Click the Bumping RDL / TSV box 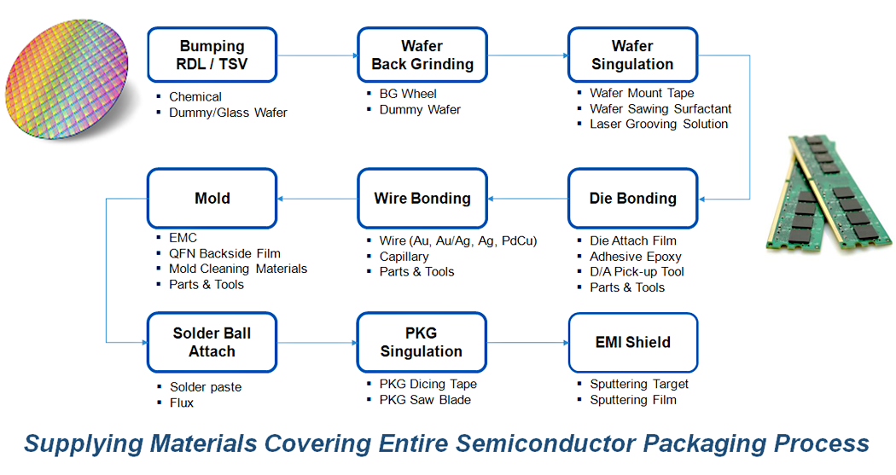click(212, 55)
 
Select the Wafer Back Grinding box click(422, 55)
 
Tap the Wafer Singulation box click(632, 55)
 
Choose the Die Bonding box click(632, 198)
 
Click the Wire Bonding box click(422, 198)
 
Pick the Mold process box click(212, 198)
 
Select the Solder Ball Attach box click(212, 342)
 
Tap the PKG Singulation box click(422, 342)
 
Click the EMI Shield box click(633, 342)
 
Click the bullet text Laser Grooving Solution click(659, 124)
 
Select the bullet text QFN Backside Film click(224, 253)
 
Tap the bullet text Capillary click(404, 257)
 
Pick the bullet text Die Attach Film click(633, 241)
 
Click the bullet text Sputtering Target click(639, 385)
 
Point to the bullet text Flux click(182, 403)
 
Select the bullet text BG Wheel click(408, 94)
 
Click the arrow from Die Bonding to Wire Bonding click(528, 199)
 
